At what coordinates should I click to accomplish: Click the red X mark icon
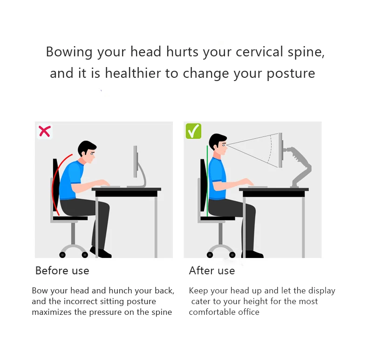click(45, 131)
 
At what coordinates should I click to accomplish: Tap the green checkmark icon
click(193, 131)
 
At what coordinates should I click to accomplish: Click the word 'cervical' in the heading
click(259, 52)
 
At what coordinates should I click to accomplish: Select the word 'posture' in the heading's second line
click(291, 74)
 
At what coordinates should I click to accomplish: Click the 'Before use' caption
click(62, 271)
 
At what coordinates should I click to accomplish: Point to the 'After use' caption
click(212, 271)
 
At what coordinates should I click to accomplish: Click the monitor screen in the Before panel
click(136, 162)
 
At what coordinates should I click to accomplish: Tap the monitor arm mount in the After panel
click(298, 166)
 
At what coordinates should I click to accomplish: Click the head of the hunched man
click(87, 152)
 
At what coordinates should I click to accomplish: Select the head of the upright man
click(218, 144)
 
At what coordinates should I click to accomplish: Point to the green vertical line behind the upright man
click(207, 181)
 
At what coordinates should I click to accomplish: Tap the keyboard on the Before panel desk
click(110, 187)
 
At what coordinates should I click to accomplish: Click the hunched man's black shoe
click(101, 252)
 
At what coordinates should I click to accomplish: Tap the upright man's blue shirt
click(217, 178)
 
